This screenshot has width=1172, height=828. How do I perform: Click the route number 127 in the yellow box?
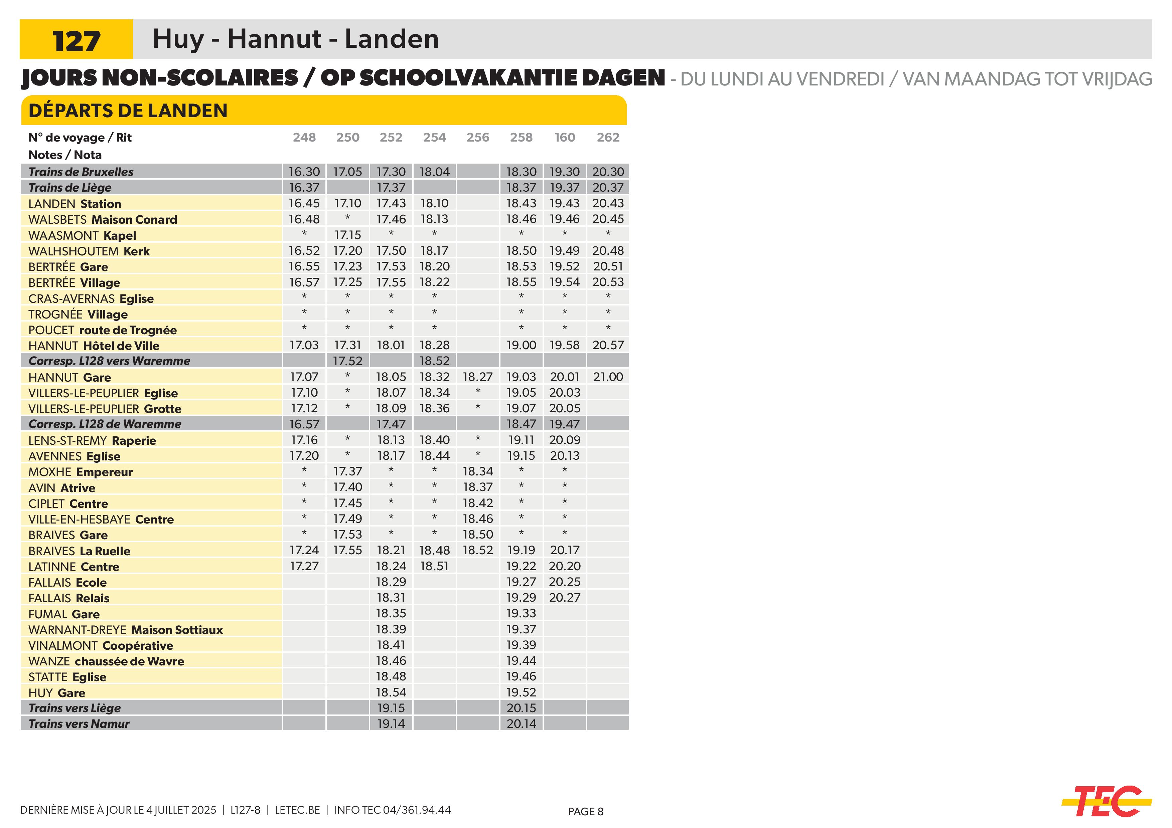point(76,41)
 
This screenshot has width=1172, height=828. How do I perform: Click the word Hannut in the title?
point(275,39)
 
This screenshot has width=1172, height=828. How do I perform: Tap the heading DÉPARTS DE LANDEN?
point(128,111)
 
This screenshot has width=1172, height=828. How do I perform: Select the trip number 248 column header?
point(304,137)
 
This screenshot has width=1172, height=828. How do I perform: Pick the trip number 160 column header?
point(565,137)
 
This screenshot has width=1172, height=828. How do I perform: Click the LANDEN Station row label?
point(75,204)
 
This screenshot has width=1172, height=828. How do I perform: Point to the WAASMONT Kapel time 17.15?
point(347,235)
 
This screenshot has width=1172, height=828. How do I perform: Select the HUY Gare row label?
point(57,693)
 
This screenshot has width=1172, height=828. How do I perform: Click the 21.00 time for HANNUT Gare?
point(608,377)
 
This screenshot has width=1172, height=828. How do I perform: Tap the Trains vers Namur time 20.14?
point(521,723)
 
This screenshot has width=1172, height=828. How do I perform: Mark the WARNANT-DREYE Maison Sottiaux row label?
point(126,630)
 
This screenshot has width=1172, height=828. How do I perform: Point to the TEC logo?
point(1106,802)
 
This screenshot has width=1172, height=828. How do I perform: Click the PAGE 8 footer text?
point(585,812)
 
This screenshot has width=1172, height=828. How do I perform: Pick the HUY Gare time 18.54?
point(391,692)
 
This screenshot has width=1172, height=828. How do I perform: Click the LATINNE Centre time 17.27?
point(304,566)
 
